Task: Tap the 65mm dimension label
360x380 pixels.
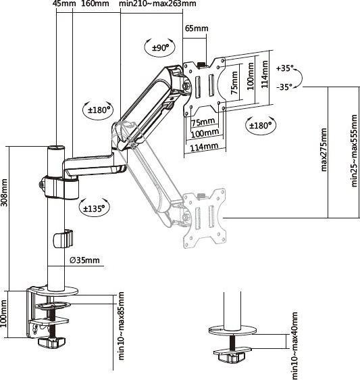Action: click(x=197, y=28)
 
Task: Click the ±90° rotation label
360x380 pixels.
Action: click(x=159, y=47)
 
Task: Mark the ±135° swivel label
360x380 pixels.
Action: click(x=95, y=209)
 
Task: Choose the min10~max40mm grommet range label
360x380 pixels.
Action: click(x=294, y=345)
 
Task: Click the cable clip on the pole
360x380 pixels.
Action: click(x=61, y=239)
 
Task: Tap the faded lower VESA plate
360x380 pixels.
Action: click(x=203, y=218)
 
